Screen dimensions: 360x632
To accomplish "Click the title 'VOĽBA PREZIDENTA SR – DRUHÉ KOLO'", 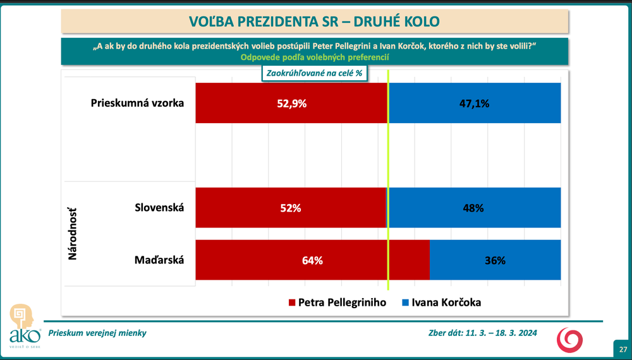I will click(x=314, y=21).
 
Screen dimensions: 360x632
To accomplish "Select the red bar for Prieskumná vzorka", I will click(x=253, y=103).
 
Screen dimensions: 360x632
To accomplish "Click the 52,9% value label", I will click(x=292, y=104).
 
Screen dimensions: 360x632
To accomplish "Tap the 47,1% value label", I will click(x=474, y=104).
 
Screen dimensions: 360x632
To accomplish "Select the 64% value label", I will click(x=312, y=260).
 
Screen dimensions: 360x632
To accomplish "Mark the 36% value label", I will click(x=495, y=260).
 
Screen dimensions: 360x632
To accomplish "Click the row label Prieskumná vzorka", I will click(x=137, y=103).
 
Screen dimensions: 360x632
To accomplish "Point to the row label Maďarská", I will click(x=159, y=260).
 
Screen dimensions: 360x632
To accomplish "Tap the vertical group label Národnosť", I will click(x=72, y=234).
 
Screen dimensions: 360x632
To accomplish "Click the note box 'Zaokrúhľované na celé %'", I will click(x=314, y=73).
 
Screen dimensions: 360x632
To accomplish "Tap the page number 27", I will click(x=623, y=349).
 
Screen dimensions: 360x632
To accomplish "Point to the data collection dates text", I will click(x=483, y=333).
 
